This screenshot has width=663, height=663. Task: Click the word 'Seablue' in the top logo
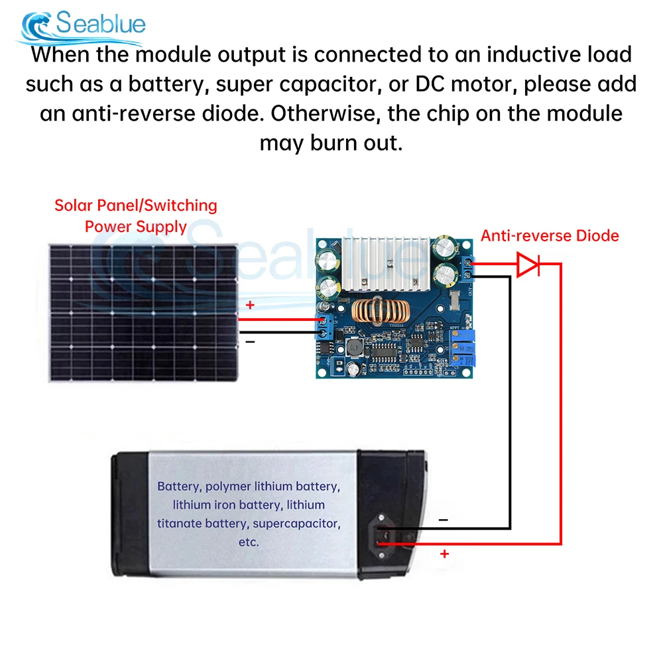coord(100,24)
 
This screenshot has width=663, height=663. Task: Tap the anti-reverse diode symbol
coord(528,265)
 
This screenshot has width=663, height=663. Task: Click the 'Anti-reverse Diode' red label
coord(550,235)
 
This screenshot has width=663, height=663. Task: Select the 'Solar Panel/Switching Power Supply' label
coord(136,215)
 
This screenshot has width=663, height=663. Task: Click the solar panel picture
coord(142,311)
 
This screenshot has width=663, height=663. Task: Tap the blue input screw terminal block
coord(325,327)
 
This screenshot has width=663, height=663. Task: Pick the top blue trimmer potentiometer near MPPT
coord(461,336)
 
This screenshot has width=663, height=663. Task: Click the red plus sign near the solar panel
coord(250,306)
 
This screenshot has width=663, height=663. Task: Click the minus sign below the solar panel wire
coord(250,341)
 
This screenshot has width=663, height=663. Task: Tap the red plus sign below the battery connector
coord(444,553)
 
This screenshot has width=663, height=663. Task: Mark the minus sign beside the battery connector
coord(443,520)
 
